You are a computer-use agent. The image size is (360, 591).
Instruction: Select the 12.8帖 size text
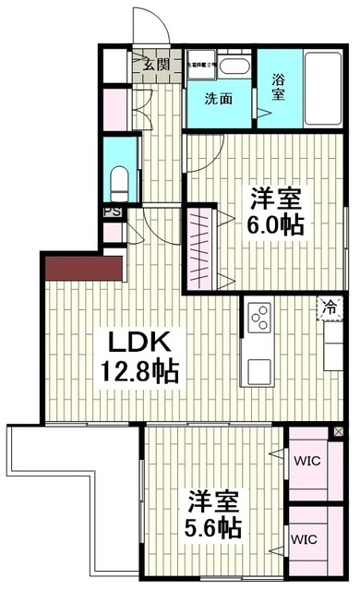click(139, 373)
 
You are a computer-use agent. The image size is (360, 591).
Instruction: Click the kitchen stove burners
click(258, 320)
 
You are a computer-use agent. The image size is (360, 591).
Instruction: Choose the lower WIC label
click(306, 537)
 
